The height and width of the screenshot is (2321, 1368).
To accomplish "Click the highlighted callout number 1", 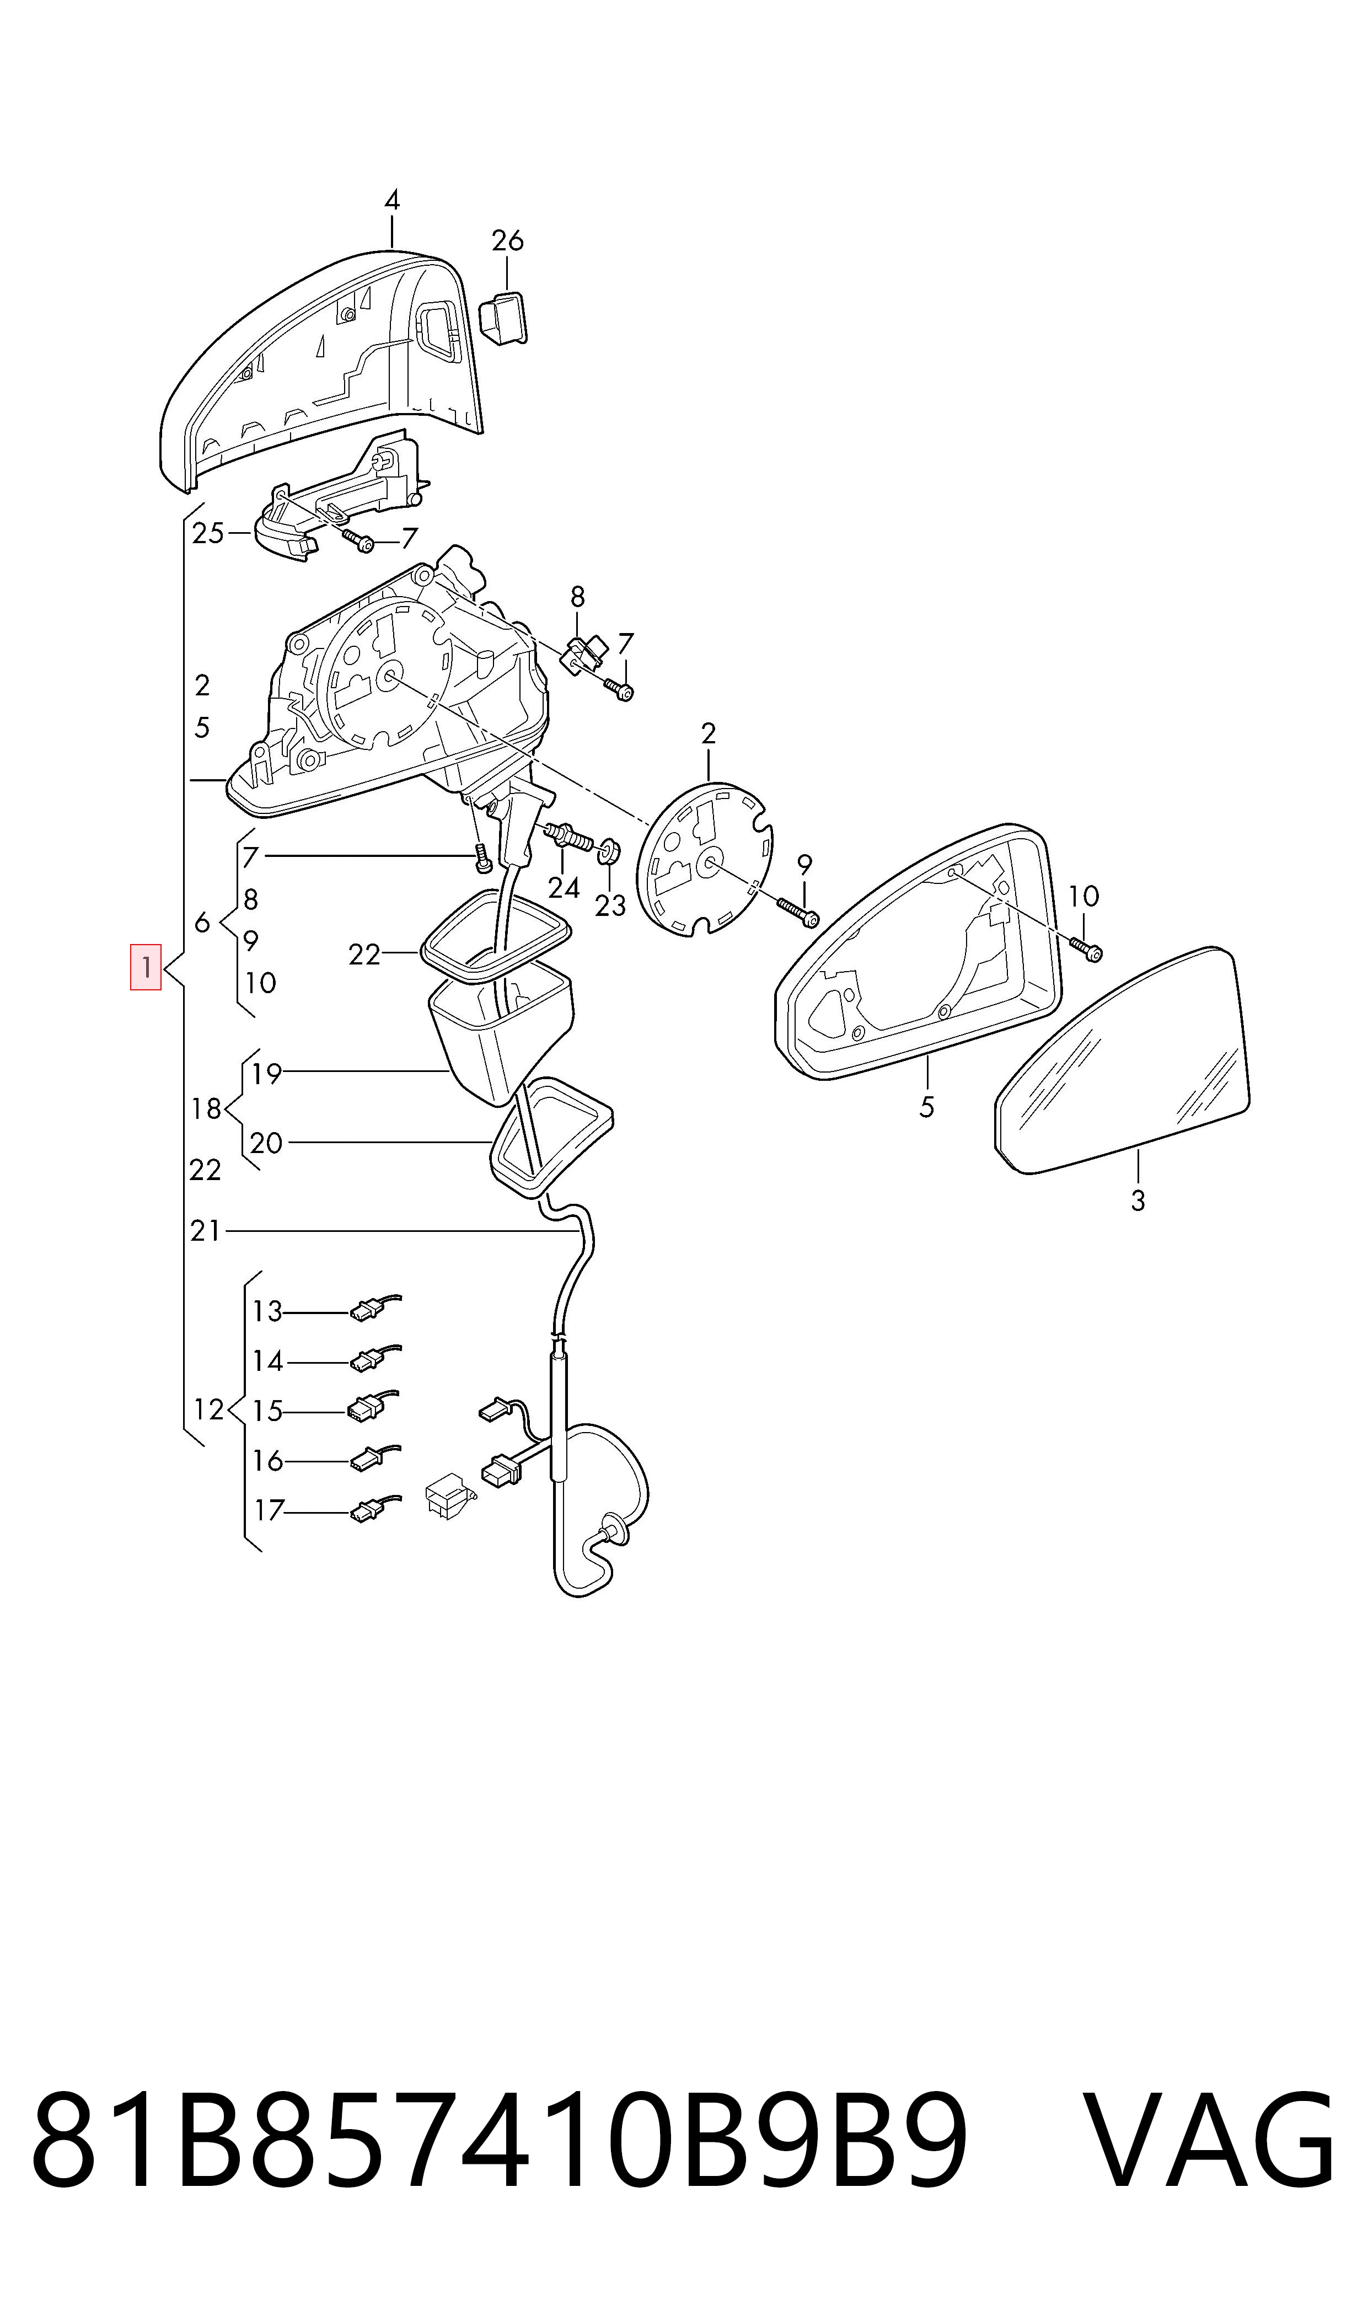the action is tap(146, 967).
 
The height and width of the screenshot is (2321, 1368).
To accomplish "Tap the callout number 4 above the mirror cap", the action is tap(392, 200).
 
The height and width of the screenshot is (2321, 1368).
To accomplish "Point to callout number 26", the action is tap(507, 240).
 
